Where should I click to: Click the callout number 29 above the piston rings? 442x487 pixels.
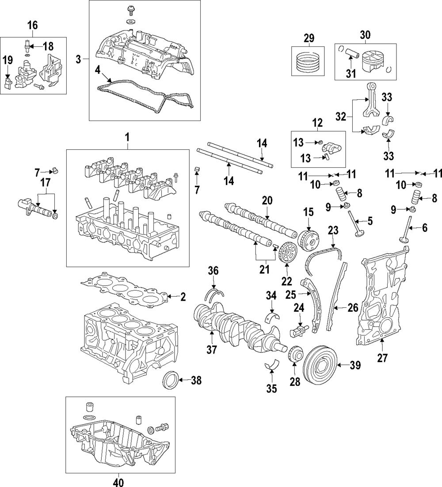point(309,38)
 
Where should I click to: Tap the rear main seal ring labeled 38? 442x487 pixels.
point(171,379)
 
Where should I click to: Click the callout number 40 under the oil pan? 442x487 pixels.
point(119,482)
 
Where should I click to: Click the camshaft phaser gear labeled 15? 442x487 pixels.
point(309,242)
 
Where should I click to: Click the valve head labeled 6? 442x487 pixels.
point(404,240)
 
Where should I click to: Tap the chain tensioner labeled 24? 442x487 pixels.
point(298,330)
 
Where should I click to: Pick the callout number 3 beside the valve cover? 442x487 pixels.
point(78,59)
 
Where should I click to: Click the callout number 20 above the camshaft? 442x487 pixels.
point(267,201)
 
